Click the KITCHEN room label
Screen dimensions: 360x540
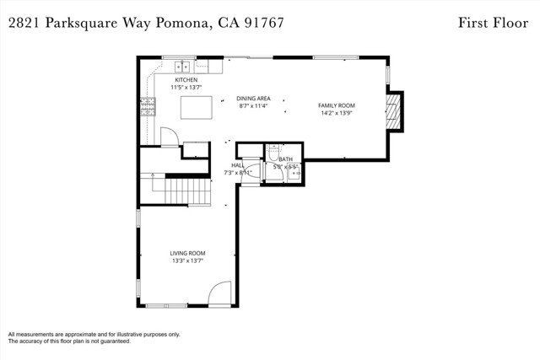tap(186, 80)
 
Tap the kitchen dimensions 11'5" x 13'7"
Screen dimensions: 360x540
tap(186, 87)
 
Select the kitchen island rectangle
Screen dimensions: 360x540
tap(196, 107)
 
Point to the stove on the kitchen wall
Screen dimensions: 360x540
tap(147, 106)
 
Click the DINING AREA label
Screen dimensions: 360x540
tap(253, 99)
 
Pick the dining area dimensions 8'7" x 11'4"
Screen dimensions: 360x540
tap(253, 106)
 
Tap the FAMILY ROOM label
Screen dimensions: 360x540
tap(335, 105)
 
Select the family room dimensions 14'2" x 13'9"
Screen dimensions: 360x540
tap(335, 113)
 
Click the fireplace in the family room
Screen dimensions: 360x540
tap(392, 111)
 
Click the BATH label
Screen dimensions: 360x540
tap(286, 159)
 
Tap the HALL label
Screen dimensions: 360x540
tap(238, 166)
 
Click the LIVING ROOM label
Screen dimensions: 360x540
tap(187, 253)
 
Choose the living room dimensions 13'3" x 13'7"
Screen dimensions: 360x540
tap(187, 261)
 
